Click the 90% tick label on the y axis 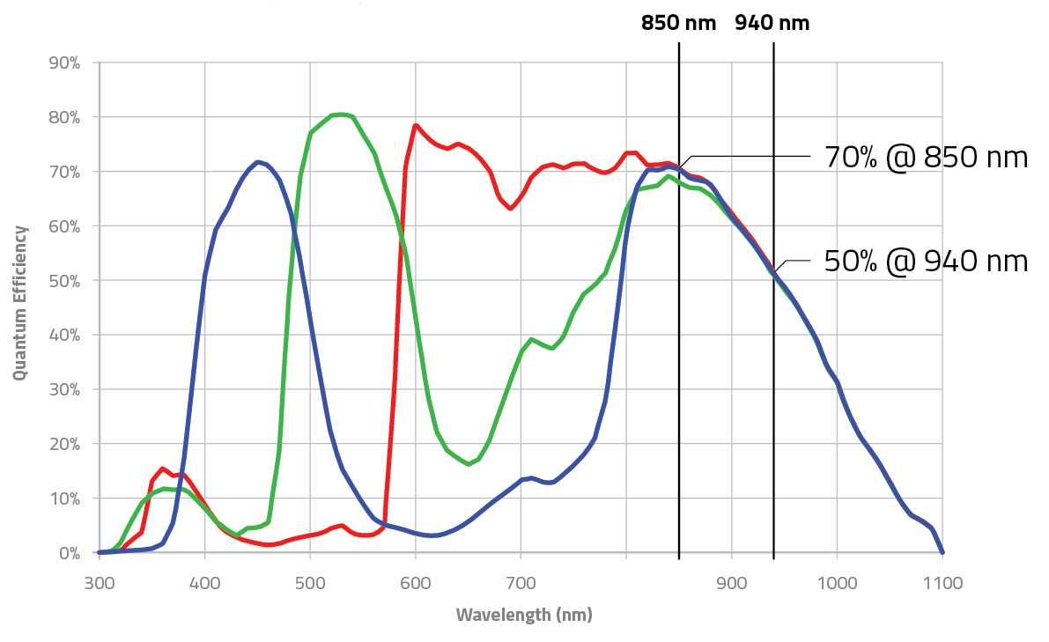coord(63,63)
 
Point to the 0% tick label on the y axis coord(68,553)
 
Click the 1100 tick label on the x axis coord(942,582)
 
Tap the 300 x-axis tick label coord(100,582)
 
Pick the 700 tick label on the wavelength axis coord(521,582)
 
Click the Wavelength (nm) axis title coord(524,615)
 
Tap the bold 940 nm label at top coord(772,23)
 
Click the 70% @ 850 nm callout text coord(926,158)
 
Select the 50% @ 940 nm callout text coord(926,262)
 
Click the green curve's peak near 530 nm coord(340,114)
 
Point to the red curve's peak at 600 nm coord(415,125)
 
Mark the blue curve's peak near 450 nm coord(258,162)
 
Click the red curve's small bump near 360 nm coord(162,469)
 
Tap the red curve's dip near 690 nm coord(510,208)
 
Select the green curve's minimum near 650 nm coord(468,463)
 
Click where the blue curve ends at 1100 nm coord(942,552)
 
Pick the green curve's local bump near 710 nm coord(531,339)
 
